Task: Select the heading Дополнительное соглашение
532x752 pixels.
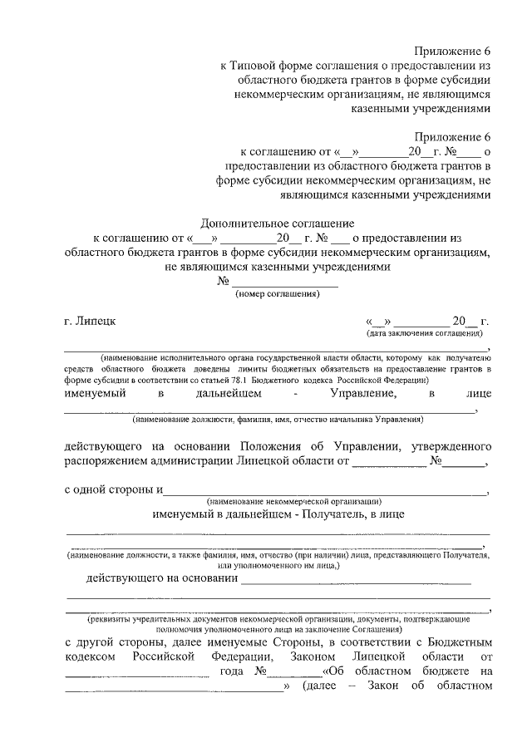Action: [278, 223]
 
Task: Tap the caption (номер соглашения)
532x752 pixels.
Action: [278, 294]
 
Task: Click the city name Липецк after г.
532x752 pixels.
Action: [99, 320]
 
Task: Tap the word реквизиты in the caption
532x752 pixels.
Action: [113, 619]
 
